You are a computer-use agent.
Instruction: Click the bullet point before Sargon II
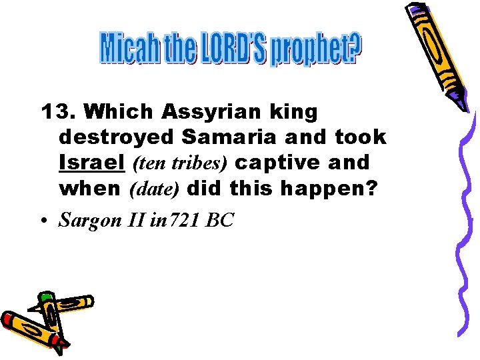[45, 221]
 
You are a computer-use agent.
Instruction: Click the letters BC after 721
[220, 220]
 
